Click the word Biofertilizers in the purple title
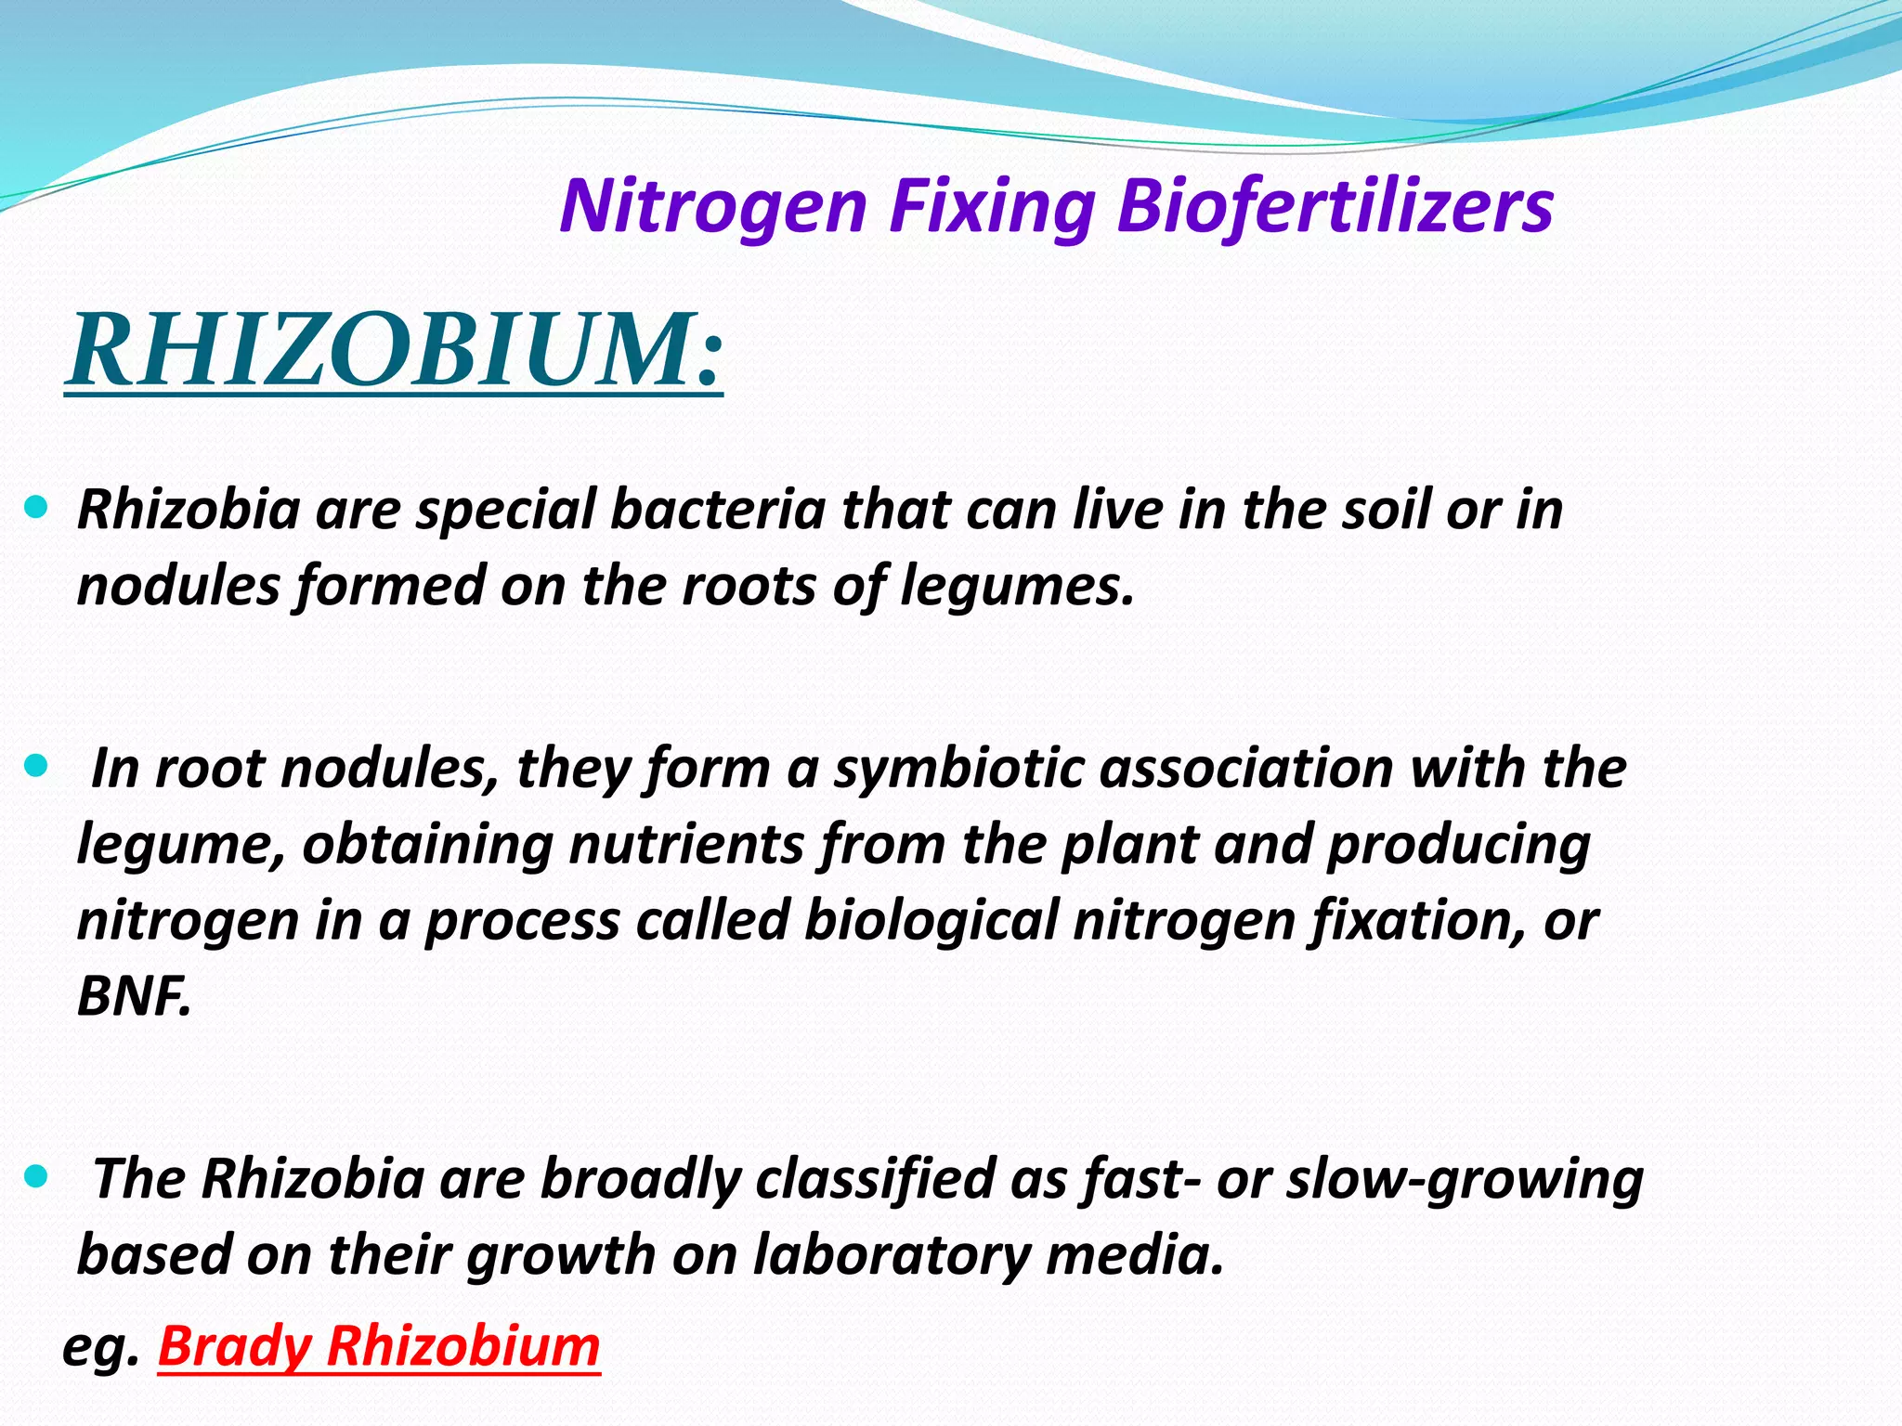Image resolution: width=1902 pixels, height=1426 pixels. pos(1335,206)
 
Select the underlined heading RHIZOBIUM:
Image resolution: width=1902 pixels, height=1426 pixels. pos(394,351)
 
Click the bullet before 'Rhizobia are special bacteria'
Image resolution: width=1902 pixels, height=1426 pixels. pos(35,508)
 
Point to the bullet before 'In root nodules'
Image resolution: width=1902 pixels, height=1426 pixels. pos(35,767)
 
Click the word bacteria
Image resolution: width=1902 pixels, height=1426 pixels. pos(718,510)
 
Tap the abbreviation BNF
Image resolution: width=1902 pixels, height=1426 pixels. pos(134,997)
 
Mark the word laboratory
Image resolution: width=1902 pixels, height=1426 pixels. pos(892,1255)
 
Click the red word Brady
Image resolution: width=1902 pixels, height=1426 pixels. pos(235,1346)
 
